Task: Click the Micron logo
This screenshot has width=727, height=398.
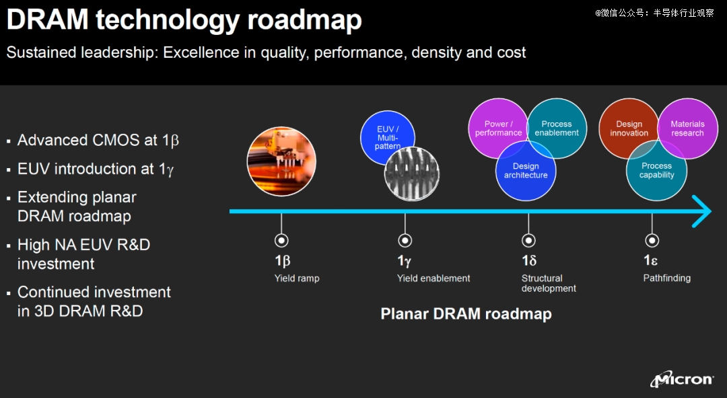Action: [x=681, y=379]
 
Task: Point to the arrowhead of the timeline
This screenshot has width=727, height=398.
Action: [x=710, y=211]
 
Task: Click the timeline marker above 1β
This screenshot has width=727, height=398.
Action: [x=281, y=241]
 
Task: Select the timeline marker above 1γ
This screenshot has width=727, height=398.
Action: [x=405, y=241]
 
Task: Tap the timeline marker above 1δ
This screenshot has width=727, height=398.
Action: [x=528, y=241]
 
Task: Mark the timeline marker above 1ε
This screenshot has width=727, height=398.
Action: [x=652, y=241]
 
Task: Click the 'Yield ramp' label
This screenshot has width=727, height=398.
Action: [x=297, y=278]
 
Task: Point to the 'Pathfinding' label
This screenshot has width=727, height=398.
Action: [x=666, y=278]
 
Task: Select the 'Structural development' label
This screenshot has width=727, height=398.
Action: [x=549, y=283]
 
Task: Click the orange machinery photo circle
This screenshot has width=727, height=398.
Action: [x=281, y=161]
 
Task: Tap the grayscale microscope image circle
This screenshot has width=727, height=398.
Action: [x=412, y=173]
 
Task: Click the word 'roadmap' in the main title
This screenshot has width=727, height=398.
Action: [x=304, y=20]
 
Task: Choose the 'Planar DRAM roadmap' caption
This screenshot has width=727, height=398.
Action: [x=466, y=314]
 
